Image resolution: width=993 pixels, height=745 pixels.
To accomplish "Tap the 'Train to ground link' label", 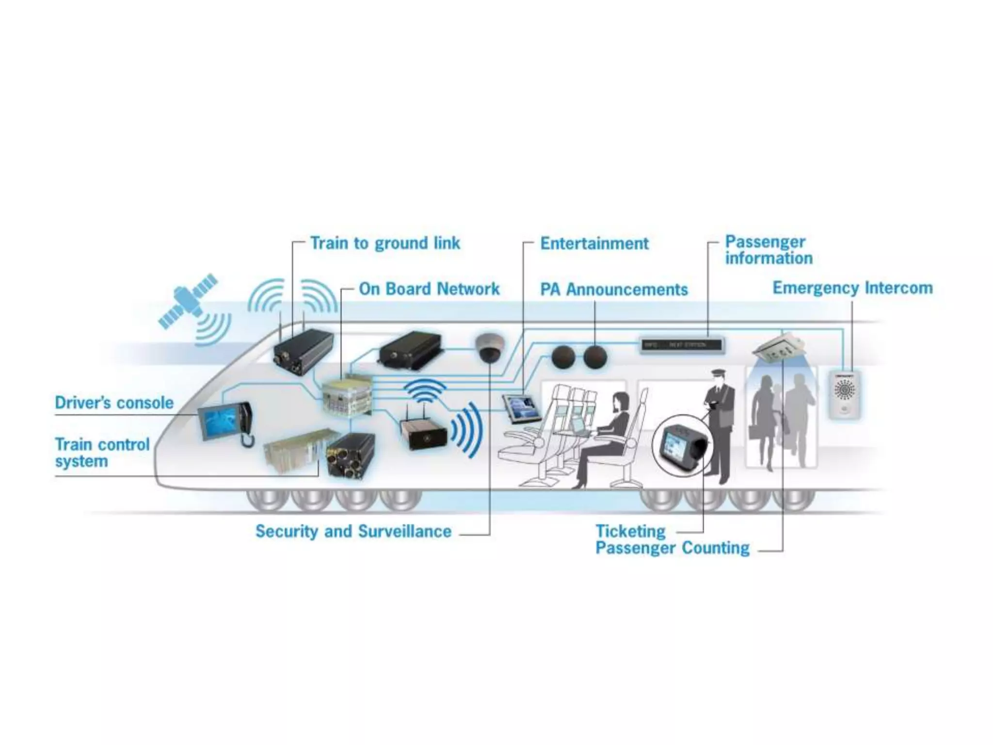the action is (x=385, y=243).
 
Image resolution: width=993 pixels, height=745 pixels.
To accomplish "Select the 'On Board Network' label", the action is (x=429, y=289).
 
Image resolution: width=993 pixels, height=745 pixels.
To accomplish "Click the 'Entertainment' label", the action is (x=594, y=243).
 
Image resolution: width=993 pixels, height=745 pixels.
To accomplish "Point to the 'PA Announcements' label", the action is (x=614, y=290).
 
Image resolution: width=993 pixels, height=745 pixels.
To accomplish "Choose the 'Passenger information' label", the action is (x=769, y=250).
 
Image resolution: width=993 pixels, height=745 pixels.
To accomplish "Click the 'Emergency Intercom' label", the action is (x=852, y=288).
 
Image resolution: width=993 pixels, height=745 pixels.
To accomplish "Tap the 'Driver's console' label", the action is (x=114, y=403).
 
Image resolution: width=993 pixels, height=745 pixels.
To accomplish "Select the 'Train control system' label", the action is (x=102, y=453).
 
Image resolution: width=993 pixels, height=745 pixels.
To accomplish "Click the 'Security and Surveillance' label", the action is (x=353, y=531).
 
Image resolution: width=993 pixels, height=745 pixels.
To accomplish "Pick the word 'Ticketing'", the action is (x=630, y=531).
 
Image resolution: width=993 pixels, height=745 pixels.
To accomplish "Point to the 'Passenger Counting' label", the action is (x=673, y=548).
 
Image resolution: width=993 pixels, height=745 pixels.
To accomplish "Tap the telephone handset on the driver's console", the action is (x=246, y=422).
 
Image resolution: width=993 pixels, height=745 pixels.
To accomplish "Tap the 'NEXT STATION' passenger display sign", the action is (x=681, y=345).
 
